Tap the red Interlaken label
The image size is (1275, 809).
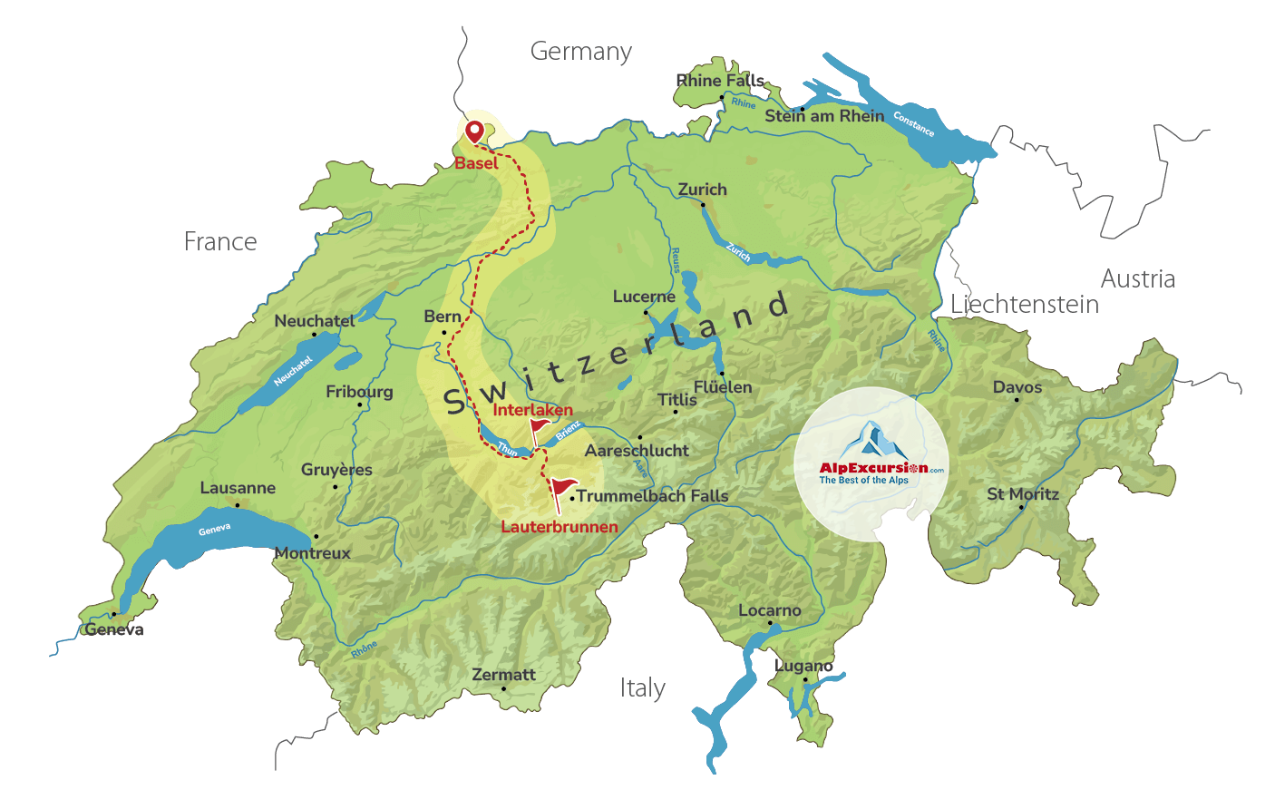click(532, 410)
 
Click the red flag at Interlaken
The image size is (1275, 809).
click(540, 428)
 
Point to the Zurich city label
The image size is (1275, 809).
click(703, 190)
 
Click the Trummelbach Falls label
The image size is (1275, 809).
click(653, 496)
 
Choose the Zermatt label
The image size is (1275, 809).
click(503, 675)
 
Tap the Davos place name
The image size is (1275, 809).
click(1017, 387)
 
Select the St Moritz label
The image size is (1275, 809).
click(1023, 494)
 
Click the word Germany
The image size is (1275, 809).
click(581, 52)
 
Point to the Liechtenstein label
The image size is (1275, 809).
click(1025, 305)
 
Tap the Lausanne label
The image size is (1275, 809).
click(238, 488)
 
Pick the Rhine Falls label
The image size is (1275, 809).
click(720, 81)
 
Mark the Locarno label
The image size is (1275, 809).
click(770, 610)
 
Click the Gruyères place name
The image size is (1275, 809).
click(336, 470)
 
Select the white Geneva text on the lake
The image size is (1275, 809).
click(215, 530)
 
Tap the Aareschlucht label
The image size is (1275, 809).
click(637, 451)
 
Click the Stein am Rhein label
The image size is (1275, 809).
click(824, 116)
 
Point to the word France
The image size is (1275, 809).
click(220, 242)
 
